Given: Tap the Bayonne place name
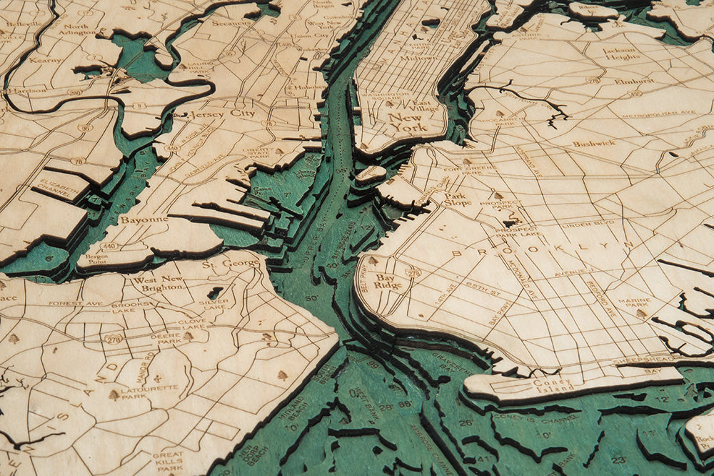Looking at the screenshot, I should point(144,219).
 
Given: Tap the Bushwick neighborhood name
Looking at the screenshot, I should point(593,143).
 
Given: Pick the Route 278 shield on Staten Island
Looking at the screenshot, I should point(113,339).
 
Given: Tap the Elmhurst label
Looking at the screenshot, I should point(629,81).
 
